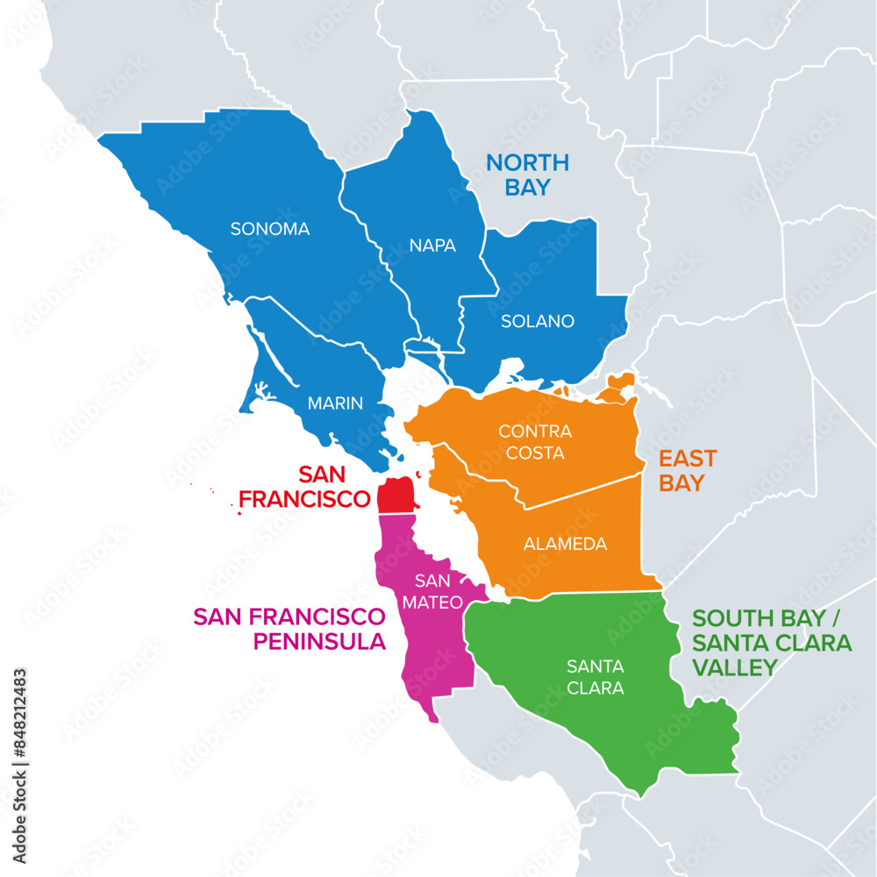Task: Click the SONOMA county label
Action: pos(270,229)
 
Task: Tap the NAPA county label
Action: pos(432,246)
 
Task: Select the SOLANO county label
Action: pos(538,321)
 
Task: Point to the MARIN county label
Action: pos(335,403)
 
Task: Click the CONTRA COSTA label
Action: pos(535,442)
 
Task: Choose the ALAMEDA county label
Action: pos(565,544)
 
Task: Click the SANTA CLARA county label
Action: pos(595,677)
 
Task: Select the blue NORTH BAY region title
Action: pos(528,175)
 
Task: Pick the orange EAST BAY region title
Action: pos(688,470)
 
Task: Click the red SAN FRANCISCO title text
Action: pos(305,487)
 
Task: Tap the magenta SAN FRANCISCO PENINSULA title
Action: pos(289,628)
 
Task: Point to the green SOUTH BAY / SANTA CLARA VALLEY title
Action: pos(772,643)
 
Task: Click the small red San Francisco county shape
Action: pos(395,496)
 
